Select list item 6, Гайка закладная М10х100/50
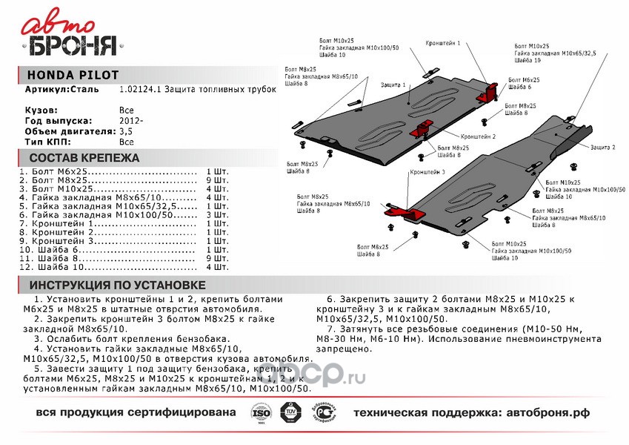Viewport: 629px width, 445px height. coord(97,214)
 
